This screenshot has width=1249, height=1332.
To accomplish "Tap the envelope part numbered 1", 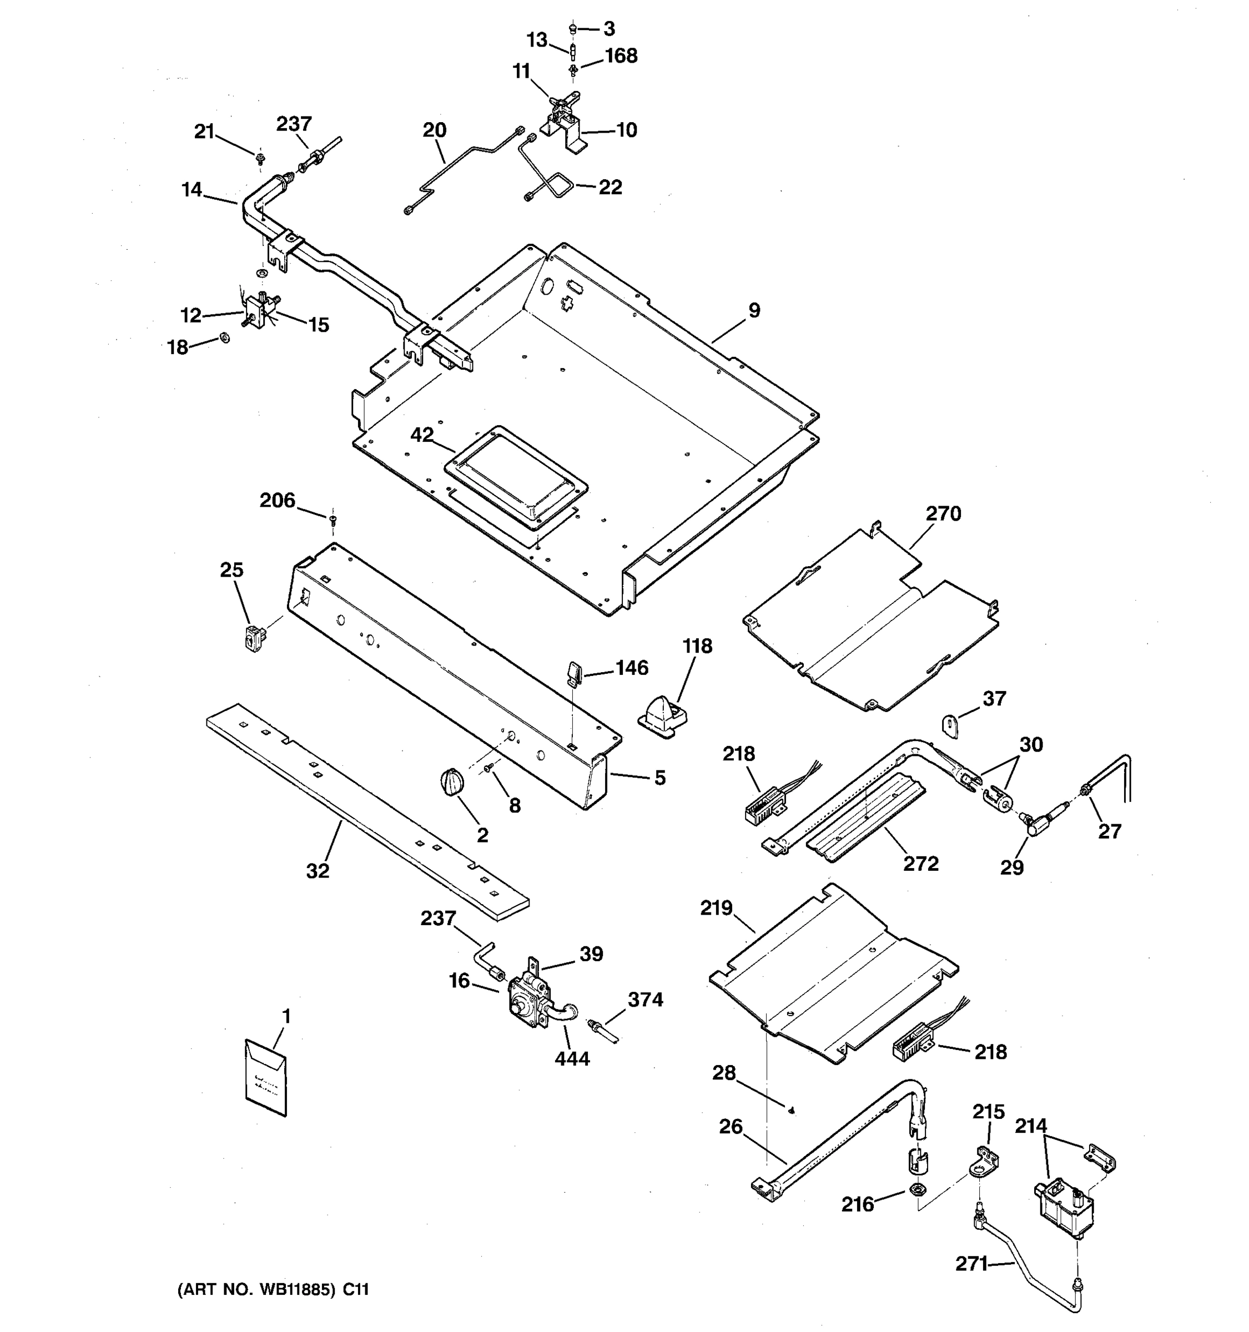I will coord(266,1078).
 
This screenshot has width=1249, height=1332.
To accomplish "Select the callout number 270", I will coord(944,514).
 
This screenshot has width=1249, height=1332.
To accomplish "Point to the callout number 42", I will coord(422,435).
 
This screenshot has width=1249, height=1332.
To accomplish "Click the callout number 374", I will coord(645,999).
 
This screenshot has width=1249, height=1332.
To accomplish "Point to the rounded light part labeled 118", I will coord(663,717).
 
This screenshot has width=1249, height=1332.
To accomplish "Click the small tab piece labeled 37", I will coord(950,725).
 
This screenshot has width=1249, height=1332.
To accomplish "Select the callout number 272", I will coord(921,864).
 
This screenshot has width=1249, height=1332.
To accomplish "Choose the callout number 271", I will coord(971,1264).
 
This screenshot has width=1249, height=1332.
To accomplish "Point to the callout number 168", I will coord(621,56).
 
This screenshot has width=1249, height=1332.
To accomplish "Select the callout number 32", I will coord(318,871).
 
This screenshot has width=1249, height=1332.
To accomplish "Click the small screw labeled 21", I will coord(260,159).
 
